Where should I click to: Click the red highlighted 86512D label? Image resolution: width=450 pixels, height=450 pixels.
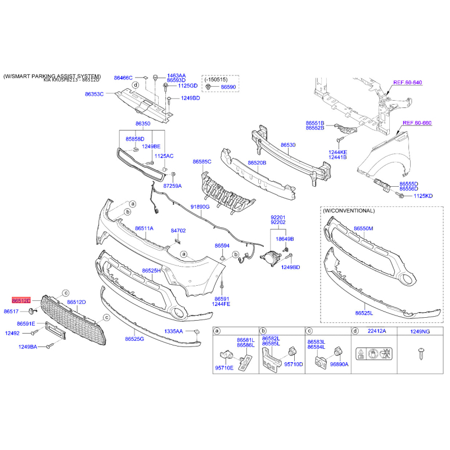[21, 300]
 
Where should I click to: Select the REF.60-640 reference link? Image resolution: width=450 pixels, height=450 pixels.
[407, 83]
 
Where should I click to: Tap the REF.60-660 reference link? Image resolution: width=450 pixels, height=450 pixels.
[417, 123]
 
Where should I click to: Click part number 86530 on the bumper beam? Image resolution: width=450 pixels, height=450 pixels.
[288, 145]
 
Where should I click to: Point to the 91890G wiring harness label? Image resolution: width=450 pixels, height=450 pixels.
[200, 206]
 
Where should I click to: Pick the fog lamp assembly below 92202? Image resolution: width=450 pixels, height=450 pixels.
[271, 257]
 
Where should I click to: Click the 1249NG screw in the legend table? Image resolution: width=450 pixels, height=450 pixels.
[421, 354]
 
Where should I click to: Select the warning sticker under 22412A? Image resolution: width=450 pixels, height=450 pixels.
[373, 354]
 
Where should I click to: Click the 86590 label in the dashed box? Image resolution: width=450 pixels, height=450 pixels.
[228, 87]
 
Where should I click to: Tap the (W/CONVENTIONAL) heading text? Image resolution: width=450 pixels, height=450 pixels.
[349, 211]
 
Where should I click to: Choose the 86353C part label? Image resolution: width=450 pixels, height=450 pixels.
[94, 94]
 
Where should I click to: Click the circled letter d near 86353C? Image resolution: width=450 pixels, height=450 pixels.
[136, 85]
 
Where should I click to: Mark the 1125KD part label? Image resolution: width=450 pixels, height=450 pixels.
[423, 196]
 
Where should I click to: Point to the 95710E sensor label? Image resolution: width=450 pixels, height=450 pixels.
[224, 368]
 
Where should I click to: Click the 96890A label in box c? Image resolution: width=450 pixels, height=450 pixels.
[339, 364]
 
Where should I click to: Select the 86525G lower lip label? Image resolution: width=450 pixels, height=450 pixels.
[134, 339]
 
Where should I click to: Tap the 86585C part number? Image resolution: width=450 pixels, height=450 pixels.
[202, 162]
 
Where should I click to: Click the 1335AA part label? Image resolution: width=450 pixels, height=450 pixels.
[173, 331]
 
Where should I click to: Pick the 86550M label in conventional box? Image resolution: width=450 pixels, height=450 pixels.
[363, 228]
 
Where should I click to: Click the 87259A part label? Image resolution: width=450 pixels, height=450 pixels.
[173, 186]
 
